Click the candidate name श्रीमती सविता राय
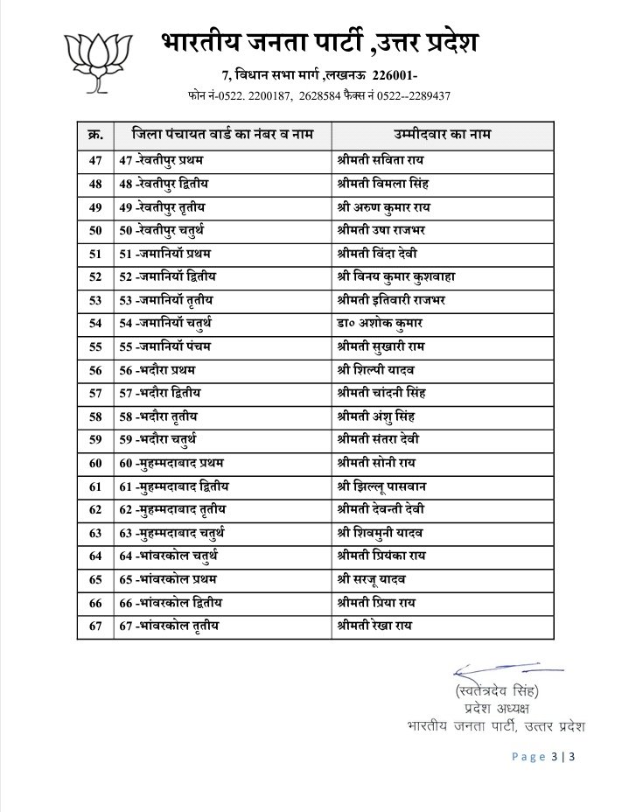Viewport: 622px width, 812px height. (x=378, y=162)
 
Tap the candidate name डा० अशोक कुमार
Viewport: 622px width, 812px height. (x=374, y=324)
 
